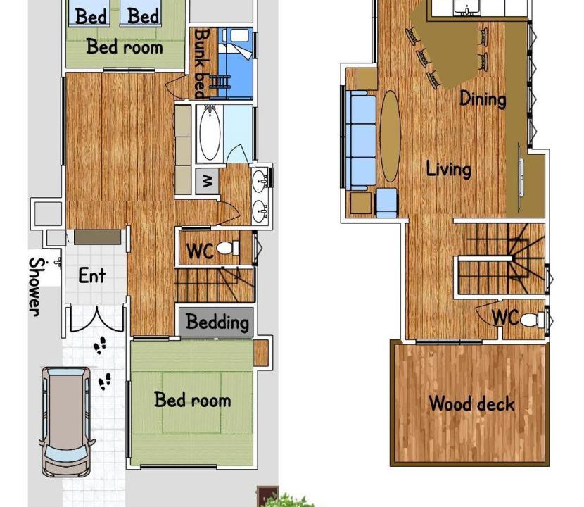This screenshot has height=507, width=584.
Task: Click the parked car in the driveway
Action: [x=66, y=421]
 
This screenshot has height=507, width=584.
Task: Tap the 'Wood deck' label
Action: [x=471, y=403]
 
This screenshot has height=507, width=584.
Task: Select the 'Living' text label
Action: [x=448, y=169]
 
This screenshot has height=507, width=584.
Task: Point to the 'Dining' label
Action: [x=483, y=99]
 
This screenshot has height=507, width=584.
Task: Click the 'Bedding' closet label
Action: [x=217, y=322]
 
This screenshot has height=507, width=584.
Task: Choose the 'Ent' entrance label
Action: [x=92, y=275]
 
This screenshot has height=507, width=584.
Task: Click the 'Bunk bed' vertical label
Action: [x=202, y=63]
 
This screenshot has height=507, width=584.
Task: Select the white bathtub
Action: [x=210, y=133]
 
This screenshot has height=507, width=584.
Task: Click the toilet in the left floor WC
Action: [x=227, y=248]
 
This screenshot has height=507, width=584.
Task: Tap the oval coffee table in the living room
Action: [x=390, y=136]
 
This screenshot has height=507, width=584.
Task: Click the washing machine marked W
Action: [x=207, y=181]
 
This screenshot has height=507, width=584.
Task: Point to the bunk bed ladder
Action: [x=220, y=81]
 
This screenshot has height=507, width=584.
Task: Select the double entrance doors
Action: [x=97, y=319]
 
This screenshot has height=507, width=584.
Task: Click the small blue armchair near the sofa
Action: [x=387, y=203]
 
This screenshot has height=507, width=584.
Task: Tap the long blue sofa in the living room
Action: [x=362, y=141]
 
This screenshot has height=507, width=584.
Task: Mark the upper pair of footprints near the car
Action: [x=100, y=346]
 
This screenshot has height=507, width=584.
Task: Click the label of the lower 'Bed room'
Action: [x=193, y=400]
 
